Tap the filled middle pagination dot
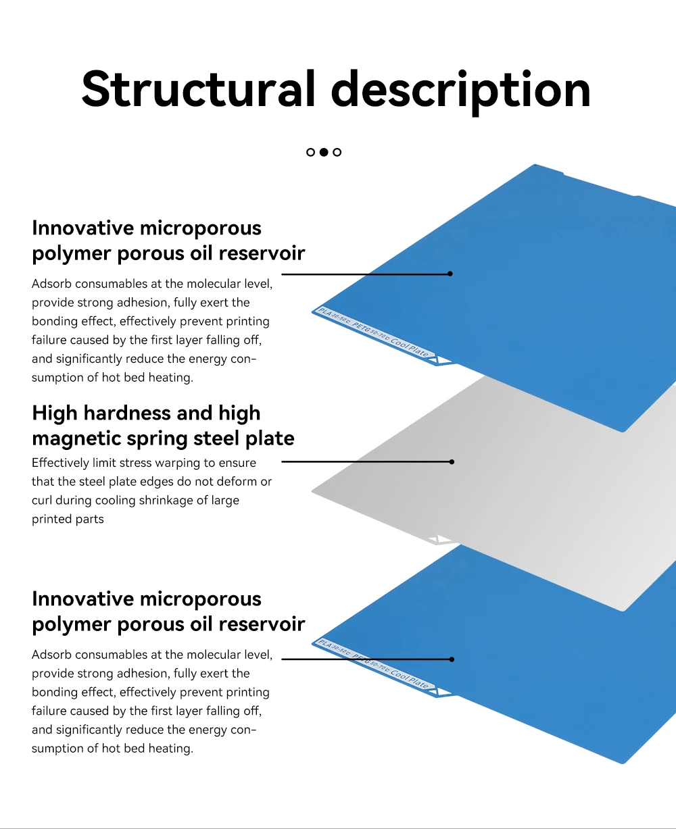tap(324, 152)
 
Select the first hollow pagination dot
tap(310, 152)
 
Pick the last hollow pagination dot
tap(337, 152)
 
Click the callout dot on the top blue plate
tap(450, 274)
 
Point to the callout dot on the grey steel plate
tap(452, 461)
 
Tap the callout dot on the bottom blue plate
tap(452, 659)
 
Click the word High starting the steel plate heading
tap(55, 413)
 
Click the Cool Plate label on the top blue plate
tap(410, 345)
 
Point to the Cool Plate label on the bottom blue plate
tap(410, 678)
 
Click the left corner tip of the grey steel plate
tap(314, 491)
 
